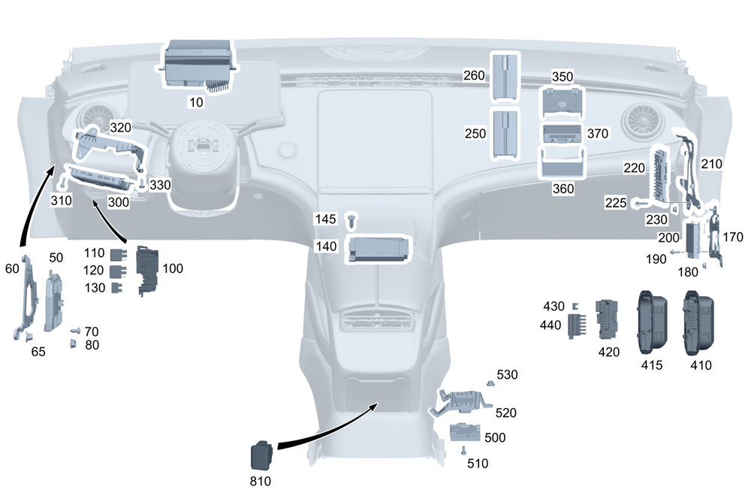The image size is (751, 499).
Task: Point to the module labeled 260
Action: [x=502, y=77]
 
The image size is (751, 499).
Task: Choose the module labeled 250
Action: [x=504, y=133]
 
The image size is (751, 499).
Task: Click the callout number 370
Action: [x=598, y=134]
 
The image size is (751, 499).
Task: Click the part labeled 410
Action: [x=697, y=322]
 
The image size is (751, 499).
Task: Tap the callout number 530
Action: [x=507, y=374]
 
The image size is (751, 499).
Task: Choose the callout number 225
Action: [x=617, y=202]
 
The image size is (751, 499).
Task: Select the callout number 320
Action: [x=121, y=127]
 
